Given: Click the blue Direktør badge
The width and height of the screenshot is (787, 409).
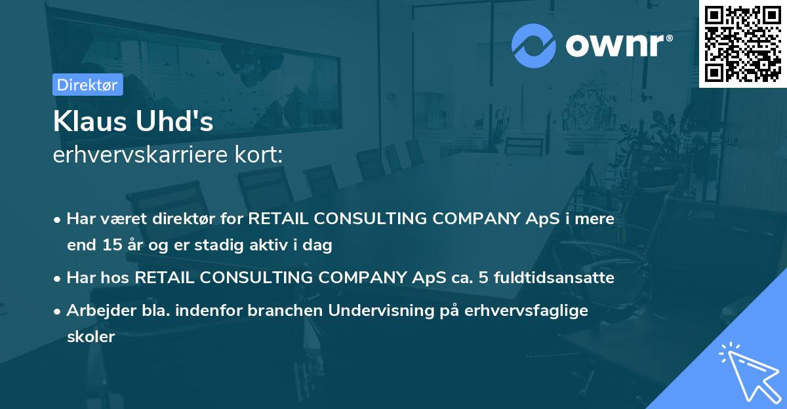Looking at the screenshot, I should [x=87, y=85].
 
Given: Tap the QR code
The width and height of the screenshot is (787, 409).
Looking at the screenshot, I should [x=742, y=43].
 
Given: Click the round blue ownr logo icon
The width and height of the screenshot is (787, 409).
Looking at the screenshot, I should [x=534, y=46].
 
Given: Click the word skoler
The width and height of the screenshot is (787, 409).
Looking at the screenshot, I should [x=91, y=337].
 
